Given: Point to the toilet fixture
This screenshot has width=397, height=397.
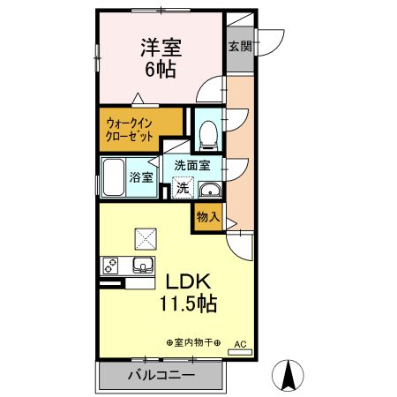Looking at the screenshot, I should (209, 133).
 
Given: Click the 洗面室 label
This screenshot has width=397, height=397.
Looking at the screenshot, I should (191, 165).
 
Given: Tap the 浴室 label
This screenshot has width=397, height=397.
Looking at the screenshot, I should (141, 176).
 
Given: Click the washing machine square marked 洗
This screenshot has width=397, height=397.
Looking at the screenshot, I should (182, 186).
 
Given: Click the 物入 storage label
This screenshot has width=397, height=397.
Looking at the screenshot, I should (207, 217).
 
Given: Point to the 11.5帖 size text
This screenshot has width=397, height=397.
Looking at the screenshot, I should (188, 304).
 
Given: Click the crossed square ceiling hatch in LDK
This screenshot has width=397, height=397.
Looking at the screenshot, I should (144, 236).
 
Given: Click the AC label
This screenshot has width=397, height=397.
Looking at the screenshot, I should (239, 343).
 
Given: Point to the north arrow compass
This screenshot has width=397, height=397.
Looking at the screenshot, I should (288, 375).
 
